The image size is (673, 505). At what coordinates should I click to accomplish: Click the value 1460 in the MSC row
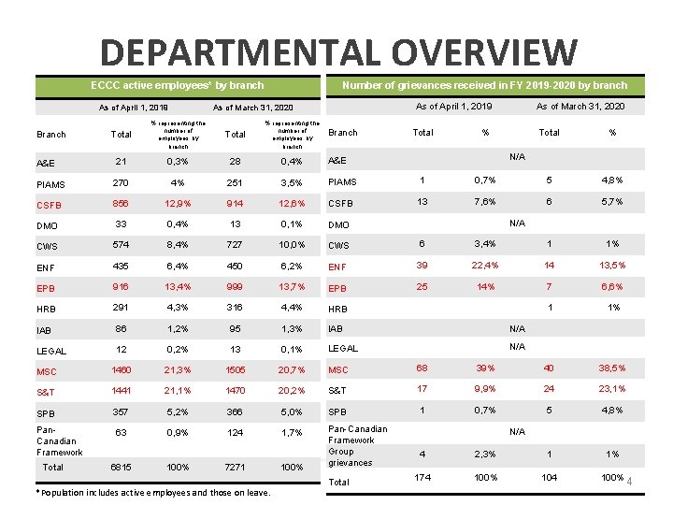pos(121,369)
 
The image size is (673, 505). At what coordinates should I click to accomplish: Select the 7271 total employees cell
pos(236,467)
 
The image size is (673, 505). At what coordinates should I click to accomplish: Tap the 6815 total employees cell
pos(121,467)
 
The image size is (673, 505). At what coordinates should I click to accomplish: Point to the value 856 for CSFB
pos(121,203)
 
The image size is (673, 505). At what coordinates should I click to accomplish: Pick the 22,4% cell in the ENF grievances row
pos(485,266)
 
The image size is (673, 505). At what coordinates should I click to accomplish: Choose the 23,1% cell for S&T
pos(613,389)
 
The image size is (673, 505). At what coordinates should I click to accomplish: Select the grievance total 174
pos(422,477)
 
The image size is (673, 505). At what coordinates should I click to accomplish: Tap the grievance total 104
pos(550,477)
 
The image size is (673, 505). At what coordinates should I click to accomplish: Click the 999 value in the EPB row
pos(236,287)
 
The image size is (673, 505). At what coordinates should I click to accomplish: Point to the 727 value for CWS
pos(236,245)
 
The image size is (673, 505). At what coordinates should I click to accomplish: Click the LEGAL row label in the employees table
pos(51,351)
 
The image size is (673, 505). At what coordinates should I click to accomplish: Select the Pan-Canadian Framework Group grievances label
pos(351,445)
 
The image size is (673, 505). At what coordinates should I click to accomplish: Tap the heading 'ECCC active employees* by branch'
pos(177,85)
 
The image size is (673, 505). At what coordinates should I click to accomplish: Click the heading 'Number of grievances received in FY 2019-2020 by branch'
pos(484,85)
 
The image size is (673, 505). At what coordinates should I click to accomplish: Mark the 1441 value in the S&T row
pos(121,390)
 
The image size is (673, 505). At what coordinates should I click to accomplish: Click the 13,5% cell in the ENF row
pos(613,266)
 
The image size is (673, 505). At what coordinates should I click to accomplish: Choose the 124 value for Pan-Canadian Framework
pos(236,433)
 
